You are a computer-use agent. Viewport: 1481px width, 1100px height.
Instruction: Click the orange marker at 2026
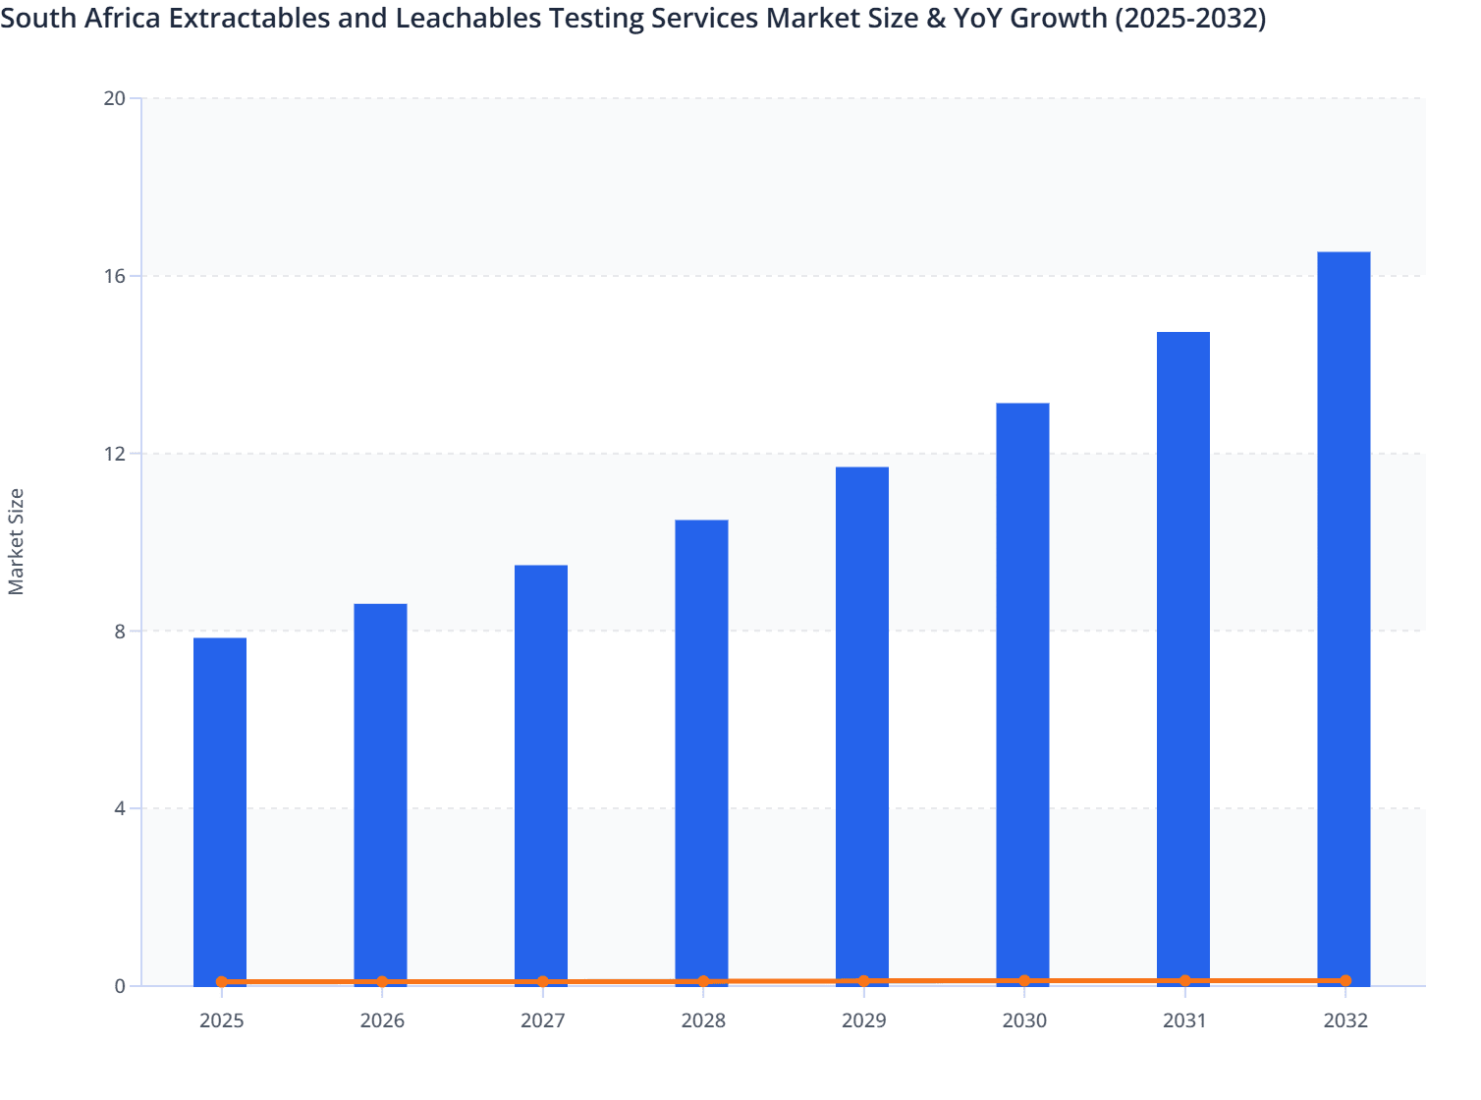382,981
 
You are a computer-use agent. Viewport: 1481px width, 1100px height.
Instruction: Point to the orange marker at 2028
703,981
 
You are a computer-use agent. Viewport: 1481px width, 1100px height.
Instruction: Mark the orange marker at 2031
1184,980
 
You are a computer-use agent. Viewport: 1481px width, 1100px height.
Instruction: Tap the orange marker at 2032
1344,980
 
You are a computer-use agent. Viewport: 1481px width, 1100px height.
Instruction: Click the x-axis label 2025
221,1020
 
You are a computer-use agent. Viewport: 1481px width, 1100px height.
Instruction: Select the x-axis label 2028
703,1020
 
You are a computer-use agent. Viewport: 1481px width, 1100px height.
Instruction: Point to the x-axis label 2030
1024,1020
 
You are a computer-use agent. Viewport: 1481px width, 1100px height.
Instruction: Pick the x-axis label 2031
1184,1020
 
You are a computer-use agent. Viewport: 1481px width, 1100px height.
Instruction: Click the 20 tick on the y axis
114,98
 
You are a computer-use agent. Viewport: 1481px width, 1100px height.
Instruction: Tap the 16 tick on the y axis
114,276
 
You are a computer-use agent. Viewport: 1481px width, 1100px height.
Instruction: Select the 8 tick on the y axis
119,631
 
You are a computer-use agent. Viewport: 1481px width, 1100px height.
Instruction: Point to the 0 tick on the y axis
119,986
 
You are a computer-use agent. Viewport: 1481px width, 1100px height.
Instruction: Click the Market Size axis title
16,541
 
